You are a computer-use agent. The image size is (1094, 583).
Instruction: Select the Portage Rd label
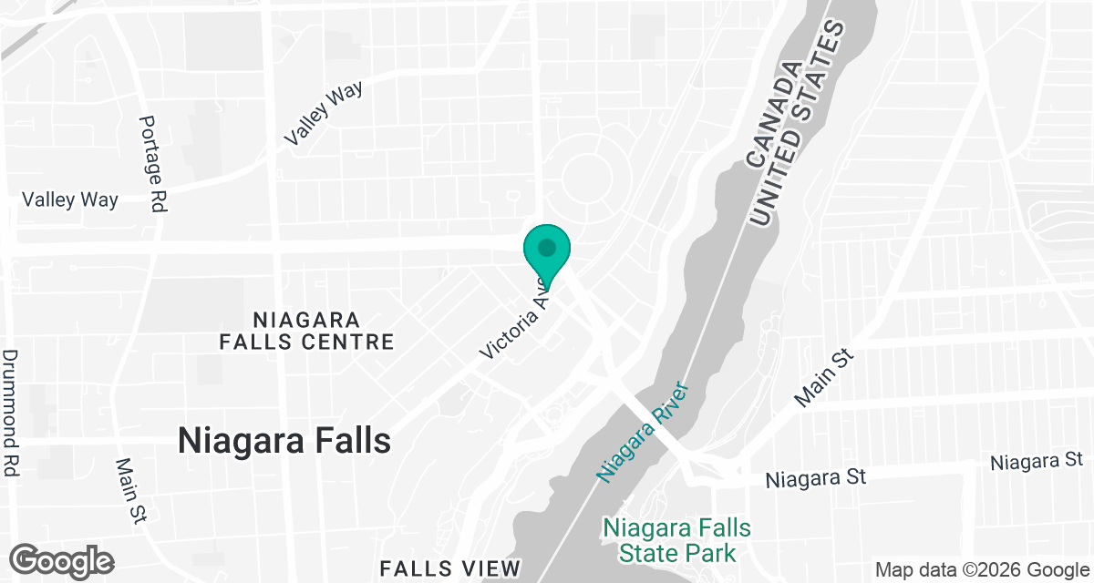pos(152,164)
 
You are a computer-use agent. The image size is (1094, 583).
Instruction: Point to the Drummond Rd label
pos(11,414)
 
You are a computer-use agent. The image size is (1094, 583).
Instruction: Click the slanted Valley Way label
pos(323,113)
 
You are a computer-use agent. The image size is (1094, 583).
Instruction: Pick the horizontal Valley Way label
pos(70,199)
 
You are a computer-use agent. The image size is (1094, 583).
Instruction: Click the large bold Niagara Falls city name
pos(284,441)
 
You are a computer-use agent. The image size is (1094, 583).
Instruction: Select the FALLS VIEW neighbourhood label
pos(449,568)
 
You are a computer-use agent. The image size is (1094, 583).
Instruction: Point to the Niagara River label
pos(642,431)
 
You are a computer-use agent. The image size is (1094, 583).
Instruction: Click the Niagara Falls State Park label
pos(676,540)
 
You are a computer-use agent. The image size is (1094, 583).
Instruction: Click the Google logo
pos(61,560)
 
